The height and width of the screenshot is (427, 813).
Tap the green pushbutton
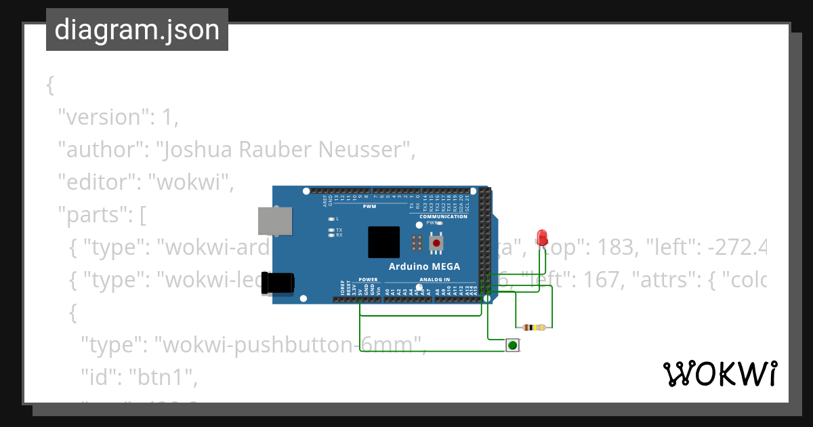click(x=513, y=346)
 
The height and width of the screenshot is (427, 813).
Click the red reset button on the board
click(x=437, y=243)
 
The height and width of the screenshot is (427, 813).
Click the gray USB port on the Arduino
click(x=276, y=221)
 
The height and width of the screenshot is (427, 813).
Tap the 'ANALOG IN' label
click(x=434, y=279)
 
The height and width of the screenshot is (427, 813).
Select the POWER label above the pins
click(x=368, y=279)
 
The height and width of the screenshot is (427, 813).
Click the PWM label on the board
click(x=369, y=206)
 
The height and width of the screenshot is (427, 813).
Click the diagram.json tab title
click(x=137, y=30)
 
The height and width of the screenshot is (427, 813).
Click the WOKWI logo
click(x=720, y=373)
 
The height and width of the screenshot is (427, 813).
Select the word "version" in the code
click(x=102, y=117)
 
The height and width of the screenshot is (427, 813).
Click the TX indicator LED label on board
click(x=339, y=230)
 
